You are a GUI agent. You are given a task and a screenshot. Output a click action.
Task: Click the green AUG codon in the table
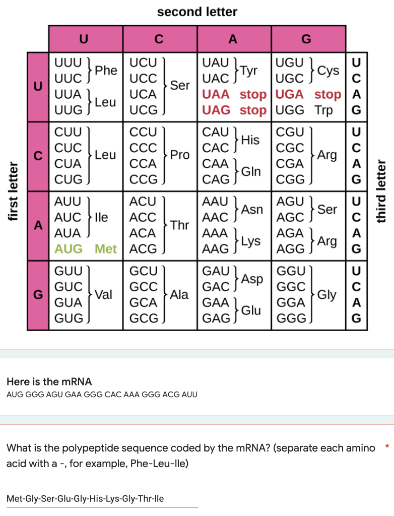pyautogui.click(x=68, y=249)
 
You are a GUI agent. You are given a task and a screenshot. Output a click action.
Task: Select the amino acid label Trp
pyautogui.click(x=323, y=110)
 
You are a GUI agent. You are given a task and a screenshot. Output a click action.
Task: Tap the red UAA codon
pyautogui.click(x=216, y=95)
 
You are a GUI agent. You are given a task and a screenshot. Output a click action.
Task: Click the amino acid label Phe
pyautogui.click(x=106, y=71)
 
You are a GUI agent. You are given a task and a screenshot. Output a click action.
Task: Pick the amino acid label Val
pyautogui.click(x=103, y=295)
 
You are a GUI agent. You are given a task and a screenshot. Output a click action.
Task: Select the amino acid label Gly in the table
pyautogui.click(x=326, y=295)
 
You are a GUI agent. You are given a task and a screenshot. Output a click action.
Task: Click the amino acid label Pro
pyautogui.click(x=179, y=155)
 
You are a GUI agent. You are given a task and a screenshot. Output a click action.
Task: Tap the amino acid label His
pyautogui.click(x=251, y=140)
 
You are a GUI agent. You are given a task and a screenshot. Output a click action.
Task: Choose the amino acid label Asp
pyautogui.click(x=252, y=279)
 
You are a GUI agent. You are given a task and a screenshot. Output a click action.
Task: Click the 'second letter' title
pyautogui.click(x=197, y=12)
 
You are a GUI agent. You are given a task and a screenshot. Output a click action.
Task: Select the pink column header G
pyautogui.click(x=308, y=38)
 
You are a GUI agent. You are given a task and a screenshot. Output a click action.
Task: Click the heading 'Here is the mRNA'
pyautogui.click(x=49, y=381)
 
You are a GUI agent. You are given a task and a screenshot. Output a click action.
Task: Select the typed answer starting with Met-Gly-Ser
pyautogui.click(x=85, y=499)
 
